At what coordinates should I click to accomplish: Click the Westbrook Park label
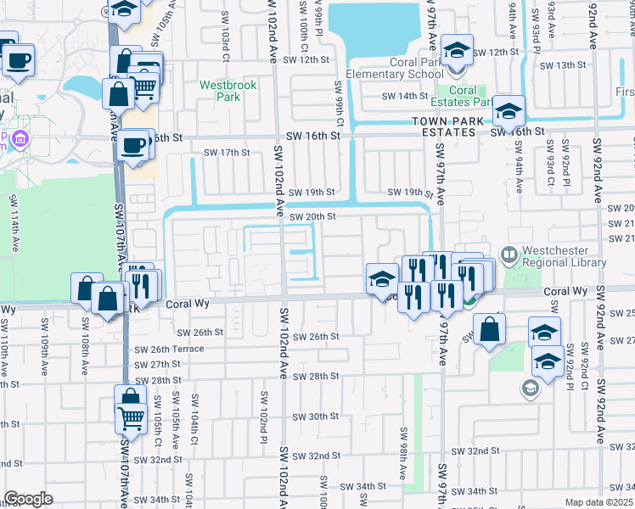coord(221,91)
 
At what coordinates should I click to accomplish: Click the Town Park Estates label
coord(444,127)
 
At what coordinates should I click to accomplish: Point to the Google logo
coord(28,499)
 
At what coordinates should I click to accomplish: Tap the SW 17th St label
coord(228,153)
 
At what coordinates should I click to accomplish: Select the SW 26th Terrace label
coord(169,349)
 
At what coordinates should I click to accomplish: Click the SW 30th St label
coord(315,417)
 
